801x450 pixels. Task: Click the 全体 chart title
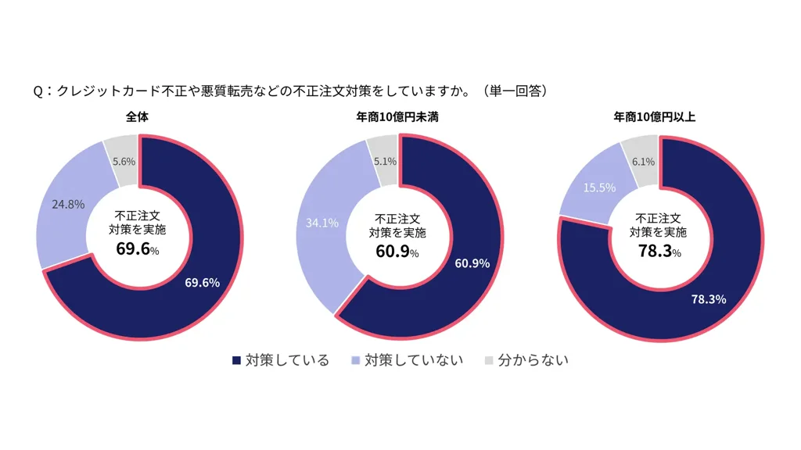[138, 118]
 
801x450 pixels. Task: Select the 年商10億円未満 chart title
[398, 118]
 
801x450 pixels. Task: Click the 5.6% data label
[124, 161]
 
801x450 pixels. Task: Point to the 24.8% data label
[68, 205]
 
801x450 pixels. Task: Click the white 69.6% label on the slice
[203, 282]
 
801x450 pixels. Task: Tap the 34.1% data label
[321, 223]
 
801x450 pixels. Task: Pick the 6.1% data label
[643, 161]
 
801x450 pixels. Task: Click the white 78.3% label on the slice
[709, 298]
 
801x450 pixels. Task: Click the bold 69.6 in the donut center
[132, 250]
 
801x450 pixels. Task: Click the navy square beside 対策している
[237, 360]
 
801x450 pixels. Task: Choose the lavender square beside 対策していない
[357, 360]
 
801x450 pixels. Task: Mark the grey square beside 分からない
[489, 360]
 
